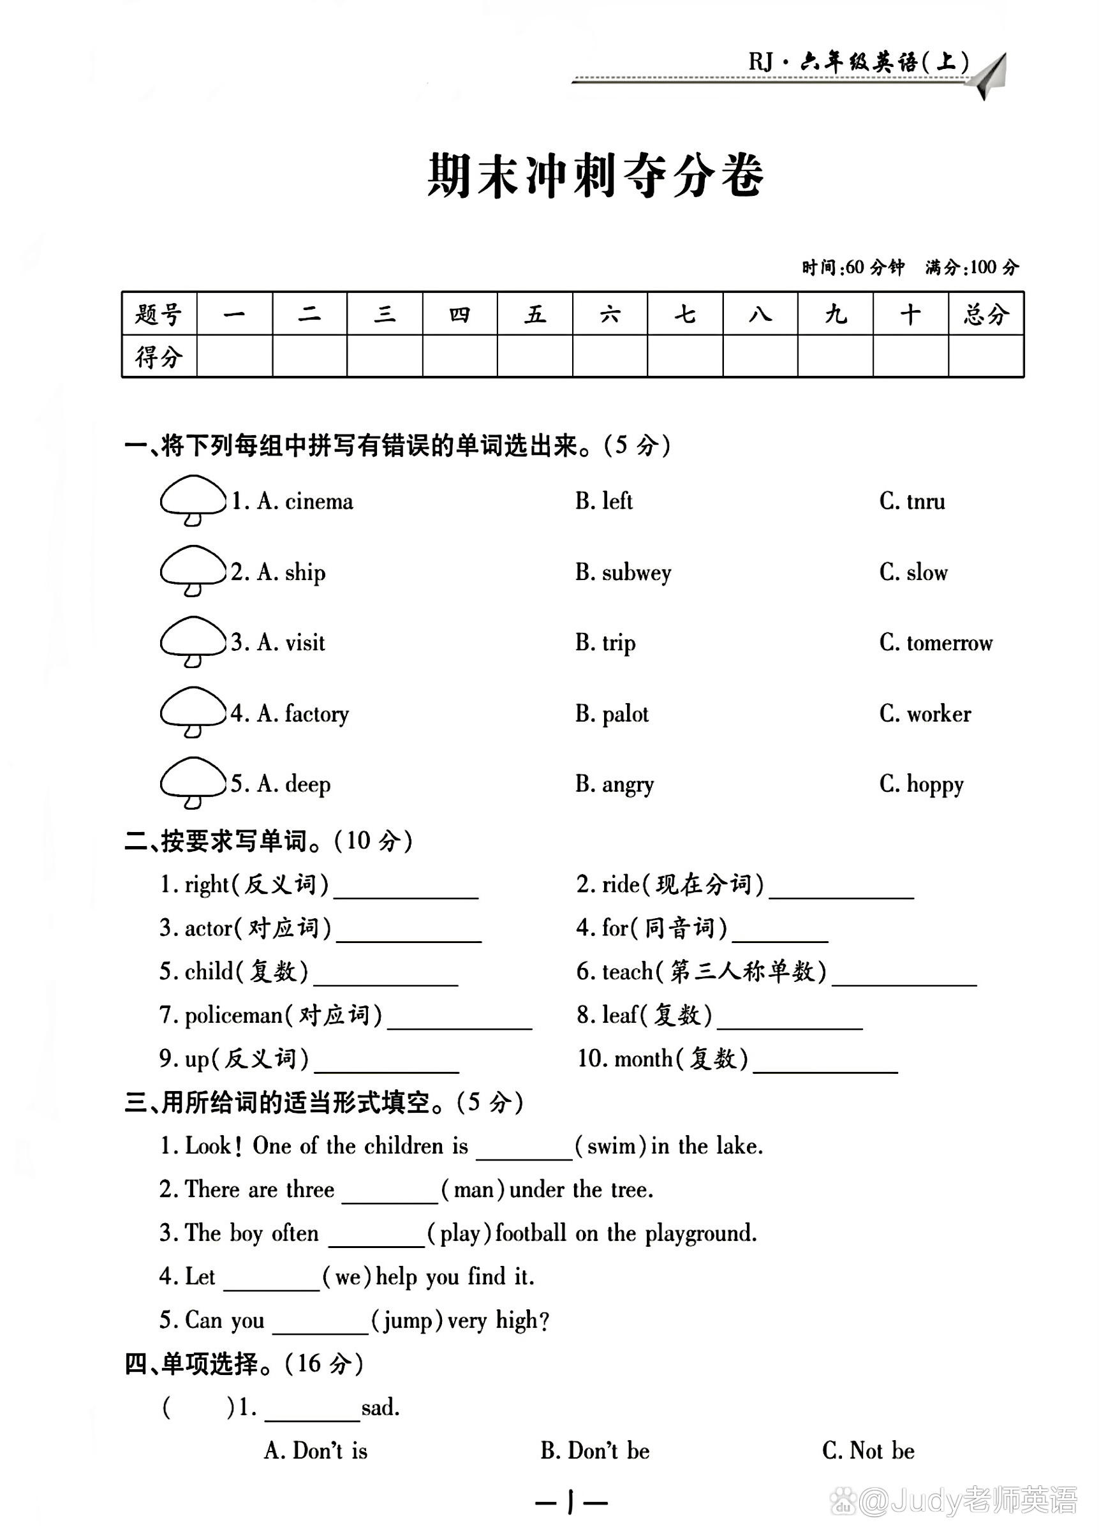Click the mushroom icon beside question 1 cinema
[x=193, y=500]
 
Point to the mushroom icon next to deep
[x=193, y=782]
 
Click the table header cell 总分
[x=985, y=314]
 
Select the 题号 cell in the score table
[x=159, y=314]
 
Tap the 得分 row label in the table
[x=159, y=357]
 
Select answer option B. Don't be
[x=595, y=1451]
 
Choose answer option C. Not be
[x=868, y=1451]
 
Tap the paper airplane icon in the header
[x=989, y=75]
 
